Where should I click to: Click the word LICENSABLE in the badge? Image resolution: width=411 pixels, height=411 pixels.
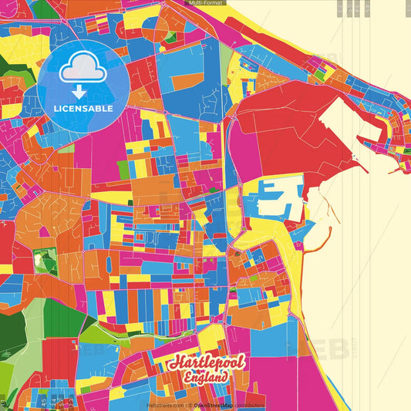83,109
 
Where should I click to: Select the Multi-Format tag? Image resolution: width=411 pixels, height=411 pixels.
205,4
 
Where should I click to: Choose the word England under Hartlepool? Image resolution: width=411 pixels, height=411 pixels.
206,378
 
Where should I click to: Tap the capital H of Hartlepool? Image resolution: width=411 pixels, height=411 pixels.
177,363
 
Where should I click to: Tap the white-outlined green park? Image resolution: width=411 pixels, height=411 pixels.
46,262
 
